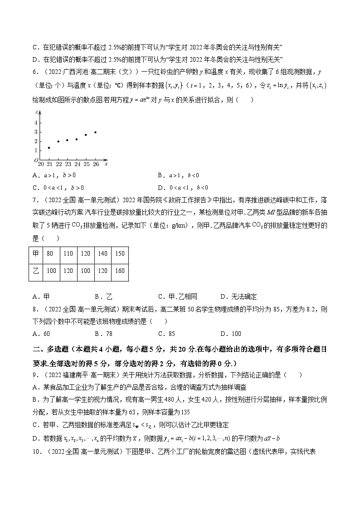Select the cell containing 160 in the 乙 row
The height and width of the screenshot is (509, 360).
[117, 271]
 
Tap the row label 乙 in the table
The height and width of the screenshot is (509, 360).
[36, 271]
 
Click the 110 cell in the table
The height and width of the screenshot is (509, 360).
[68, 254]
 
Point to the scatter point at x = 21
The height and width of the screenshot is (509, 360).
[49, 148]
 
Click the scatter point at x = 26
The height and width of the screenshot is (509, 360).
[95, 132]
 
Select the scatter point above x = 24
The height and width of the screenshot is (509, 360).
[77, 139]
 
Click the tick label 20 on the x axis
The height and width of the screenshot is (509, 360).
[41, 164]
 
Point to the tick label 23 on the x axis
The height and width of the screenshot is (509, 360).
[68, 164]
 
